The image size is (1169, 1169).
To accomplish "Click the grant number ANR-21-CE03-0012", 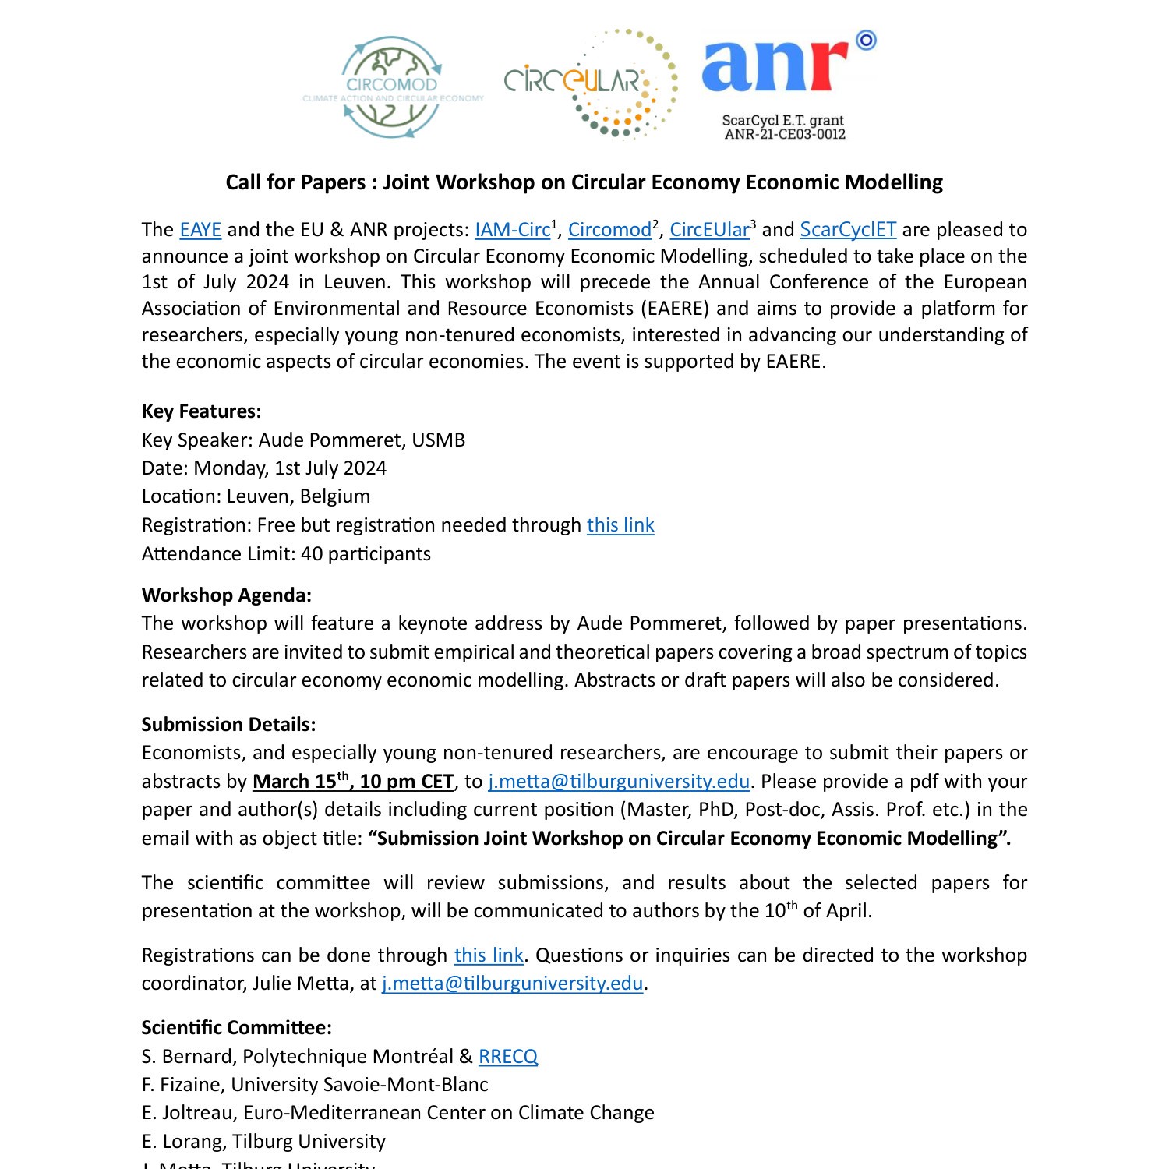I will pos(784,134).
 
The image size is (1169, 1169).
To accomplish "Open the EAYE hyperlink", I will pos(200,230).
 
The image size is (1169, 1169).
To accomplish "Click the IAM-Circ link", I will pos(512,230).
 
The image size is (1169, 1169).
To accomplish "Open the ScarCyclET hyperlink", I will pos(848,230).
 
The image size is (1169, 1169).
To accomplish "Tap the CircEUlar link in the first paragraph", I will pos(709,230).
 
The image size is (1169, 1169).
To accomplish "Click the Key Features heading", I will pos(201,411).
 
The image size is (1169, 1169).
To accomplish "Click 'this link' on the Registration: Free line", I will pos(620,525).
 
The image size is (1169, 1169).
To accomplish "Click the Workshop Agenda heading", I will pos(226,595).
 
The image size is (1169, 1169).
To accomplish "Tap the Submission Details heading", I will pos(228,725).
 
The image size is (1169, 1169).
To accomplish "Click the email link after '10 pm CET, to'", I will pos(619,782).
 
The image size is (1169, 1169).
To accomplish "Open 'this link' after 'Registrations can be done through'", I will pos(489,955).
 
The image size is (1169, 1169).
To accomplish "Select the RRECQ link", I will pos(507,1057).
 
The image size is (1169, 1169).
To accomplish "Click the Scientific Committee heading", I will pos(236,1028).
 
